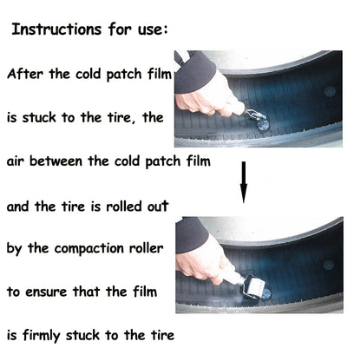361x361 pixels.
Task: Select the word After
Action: [x=26, y=75]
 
